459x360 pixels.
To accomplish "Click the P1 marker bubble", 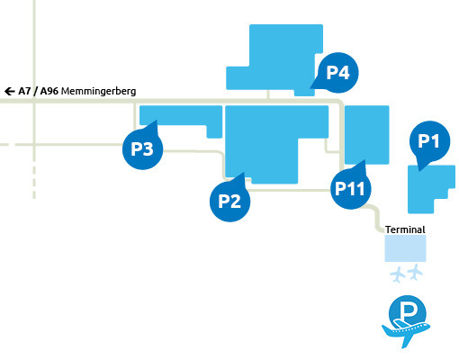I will (429, 141).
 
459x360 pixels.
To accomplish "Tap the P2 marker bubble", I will (229, 200).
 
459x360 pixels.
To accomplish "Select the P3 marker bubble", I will (142, 148).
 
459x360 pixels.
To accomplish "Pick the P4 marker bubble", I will (337, 73).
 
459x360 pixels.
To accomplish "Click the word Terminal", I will (404, 229).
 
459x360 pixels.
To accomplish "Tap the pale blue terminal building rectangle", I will (404, 248).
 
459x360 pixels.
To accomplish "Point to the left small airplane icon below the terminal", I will (397, 273).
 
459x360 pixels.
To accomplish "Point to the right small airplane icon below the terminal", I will (415, 272).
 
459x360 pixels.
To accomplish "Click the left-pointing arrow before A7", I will (9, 91).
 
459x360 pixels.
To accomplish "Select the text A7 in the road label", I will (24, 91).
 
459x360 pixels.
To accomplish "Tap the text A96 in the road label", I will (49, 91).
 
